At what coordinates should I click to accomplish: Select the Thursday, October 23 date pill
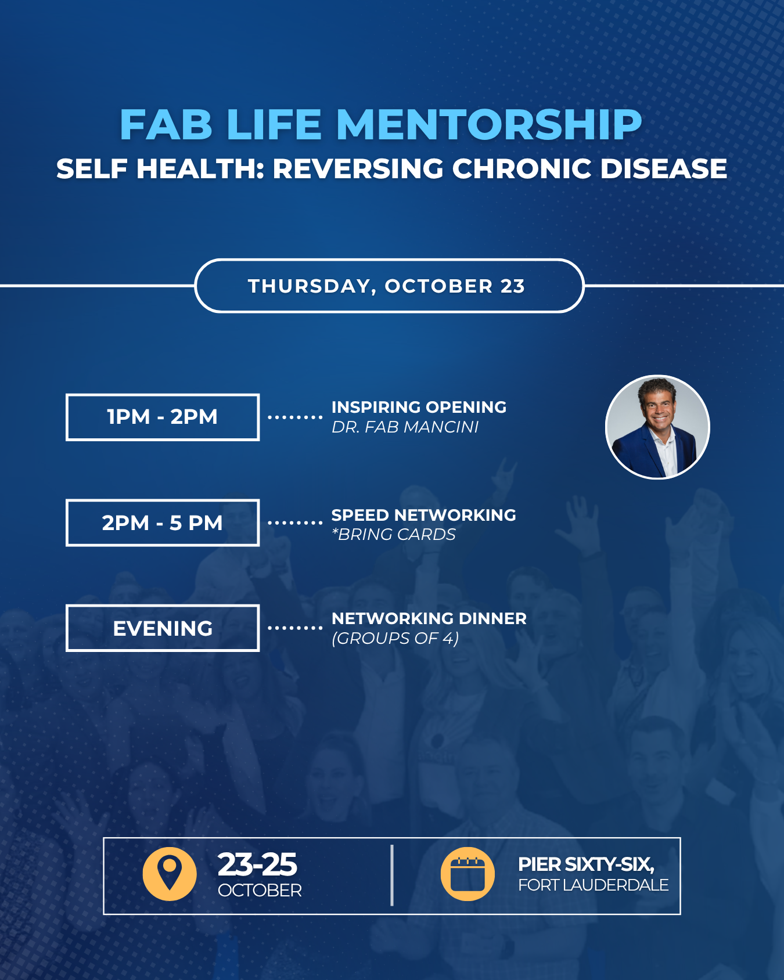(389, 286)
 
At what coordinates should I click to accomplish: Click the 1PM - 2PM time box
(163, 417)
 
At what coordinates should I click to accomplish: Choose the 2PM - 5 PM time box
(163, 523)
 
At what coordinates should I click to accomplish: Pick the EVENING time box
(163, 628)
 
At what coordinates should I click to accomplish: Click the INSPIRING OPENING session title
(419, 407)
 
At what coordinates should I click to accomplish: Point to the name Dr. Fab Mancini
(405, 427)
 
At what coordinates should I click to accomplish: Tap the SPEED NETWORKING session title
(423, 515)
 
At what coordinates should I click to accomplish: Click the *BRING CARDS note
(394, 535)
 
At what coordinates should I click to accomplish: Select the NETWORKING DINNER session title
(429, 618)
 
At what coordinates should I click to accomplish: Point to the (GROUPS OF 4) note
(395, 639)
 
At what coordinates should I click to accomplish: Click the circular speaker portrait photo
(657, 427)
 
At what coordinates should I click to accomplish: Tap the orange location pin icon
(170, 874)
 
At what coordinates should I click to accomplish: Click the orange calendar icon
(467, 874)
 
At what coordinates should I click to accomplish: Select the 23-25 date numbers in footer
(257, 864)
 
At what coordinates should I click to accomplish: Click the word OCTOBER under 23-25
(260, 891)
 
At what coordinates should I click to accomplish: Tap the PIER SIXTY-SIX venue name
(587, 864)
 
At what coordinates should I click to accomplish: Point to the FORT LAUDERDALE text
(594, 885)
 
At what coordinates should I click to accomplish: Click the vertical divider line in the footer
(392, 875)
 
